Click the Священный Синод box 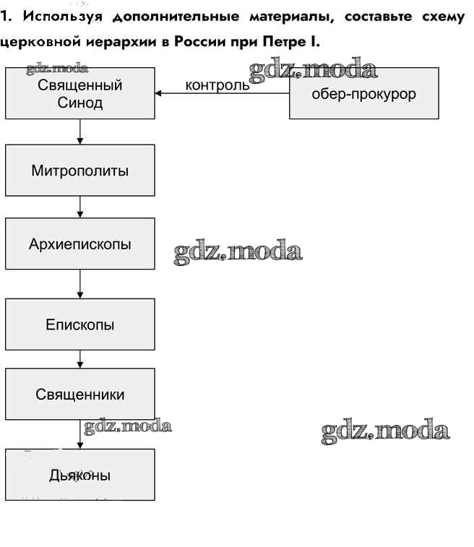pyautogui.click(x=79, y=93)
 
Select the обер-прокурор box pyautogui.click(x=363, y=93)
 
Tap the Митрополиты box pyautogui.click(x=79, y=171)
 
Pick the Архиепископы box pyautogui.click(x=79, y=244)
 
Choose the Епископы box pyautogui.click(x=79, y=324)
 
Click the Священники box pyautogui.click(x=79, y=395)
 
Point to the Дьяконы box pyautogui.click(x=79, y=475)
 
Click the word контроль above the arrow pyautogui.click(x=217, y=85)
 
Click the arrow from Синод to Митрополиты pyautogui.click(x=79, y=132)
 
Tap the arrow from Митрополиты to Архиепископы pyautogui.click(x=79, y=207)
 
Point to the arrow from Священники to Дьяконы pyautogui.click(x=79, y=434)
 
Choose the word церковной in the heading pyautogui.click(x=42, y=43)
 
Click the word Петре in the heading pyautogui.click(x=281, y=43)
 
